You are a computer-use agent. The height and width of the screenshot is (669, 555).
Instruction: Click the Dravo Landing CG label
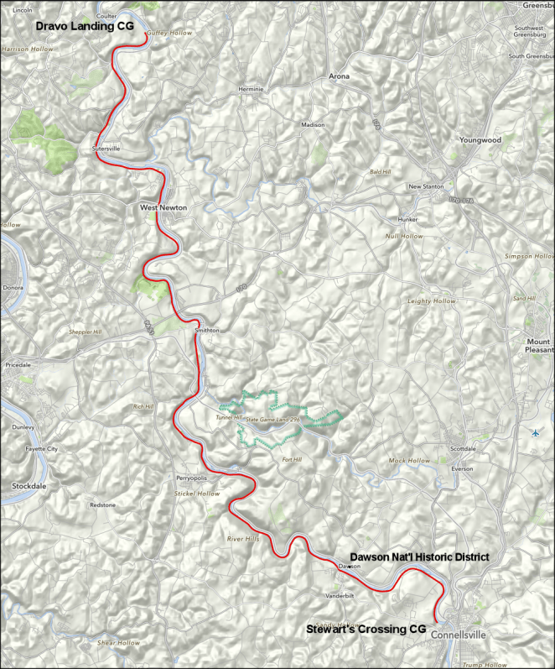click(84, 27)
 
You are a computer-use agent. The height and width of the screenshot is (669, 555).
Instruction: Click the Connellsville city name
click(459, 635)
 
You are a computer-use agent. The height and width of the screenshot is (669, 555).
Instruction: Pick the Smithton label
click(206, 331)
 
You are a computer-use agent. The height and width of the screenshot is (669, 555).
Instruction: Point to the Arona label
click(339, 76)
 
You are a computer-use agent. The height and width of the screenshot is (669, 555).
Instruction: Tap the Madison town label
click(313, 125)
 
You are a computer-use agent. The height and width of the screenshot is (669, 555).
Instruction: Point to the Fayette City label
click(41, 449)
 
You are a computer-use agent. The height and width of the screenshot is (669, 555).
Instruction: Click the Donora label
click(14, 288)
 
